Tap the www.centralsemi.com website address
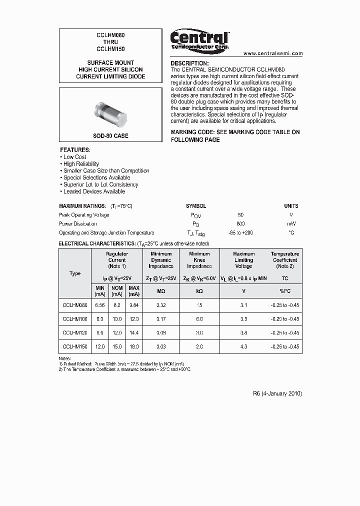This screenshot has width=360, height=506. (x=273, y=53)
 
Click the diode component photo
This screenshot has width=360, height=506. (x=110, y=113)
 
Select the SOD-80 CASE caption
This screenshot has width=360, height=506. (x=110, y=136)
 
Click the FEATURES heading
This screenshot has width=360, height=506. (x=75, y=150)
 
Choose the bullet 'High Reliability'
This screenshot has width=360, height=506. (x=81, y=164)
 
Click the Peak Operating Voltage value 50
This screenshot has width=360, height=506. (x=240, y=215)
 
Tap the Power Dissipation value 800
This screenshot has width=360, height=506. (x=240, y=224)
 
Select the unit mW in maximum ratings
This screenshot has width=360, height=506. (x=291, y=224)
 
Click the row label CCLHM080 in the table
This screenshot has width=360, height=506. (x=75, y=305)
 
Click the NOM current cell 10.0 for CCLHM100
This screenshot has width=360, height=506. (x=116, y=319)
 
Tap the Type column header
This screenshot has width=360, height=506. (x=75, y=273)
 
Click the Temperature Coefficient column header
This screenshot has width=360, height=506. (x=285, y=260)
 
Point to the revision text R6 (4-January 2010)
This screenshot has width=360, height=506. (x=277, y=393)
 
